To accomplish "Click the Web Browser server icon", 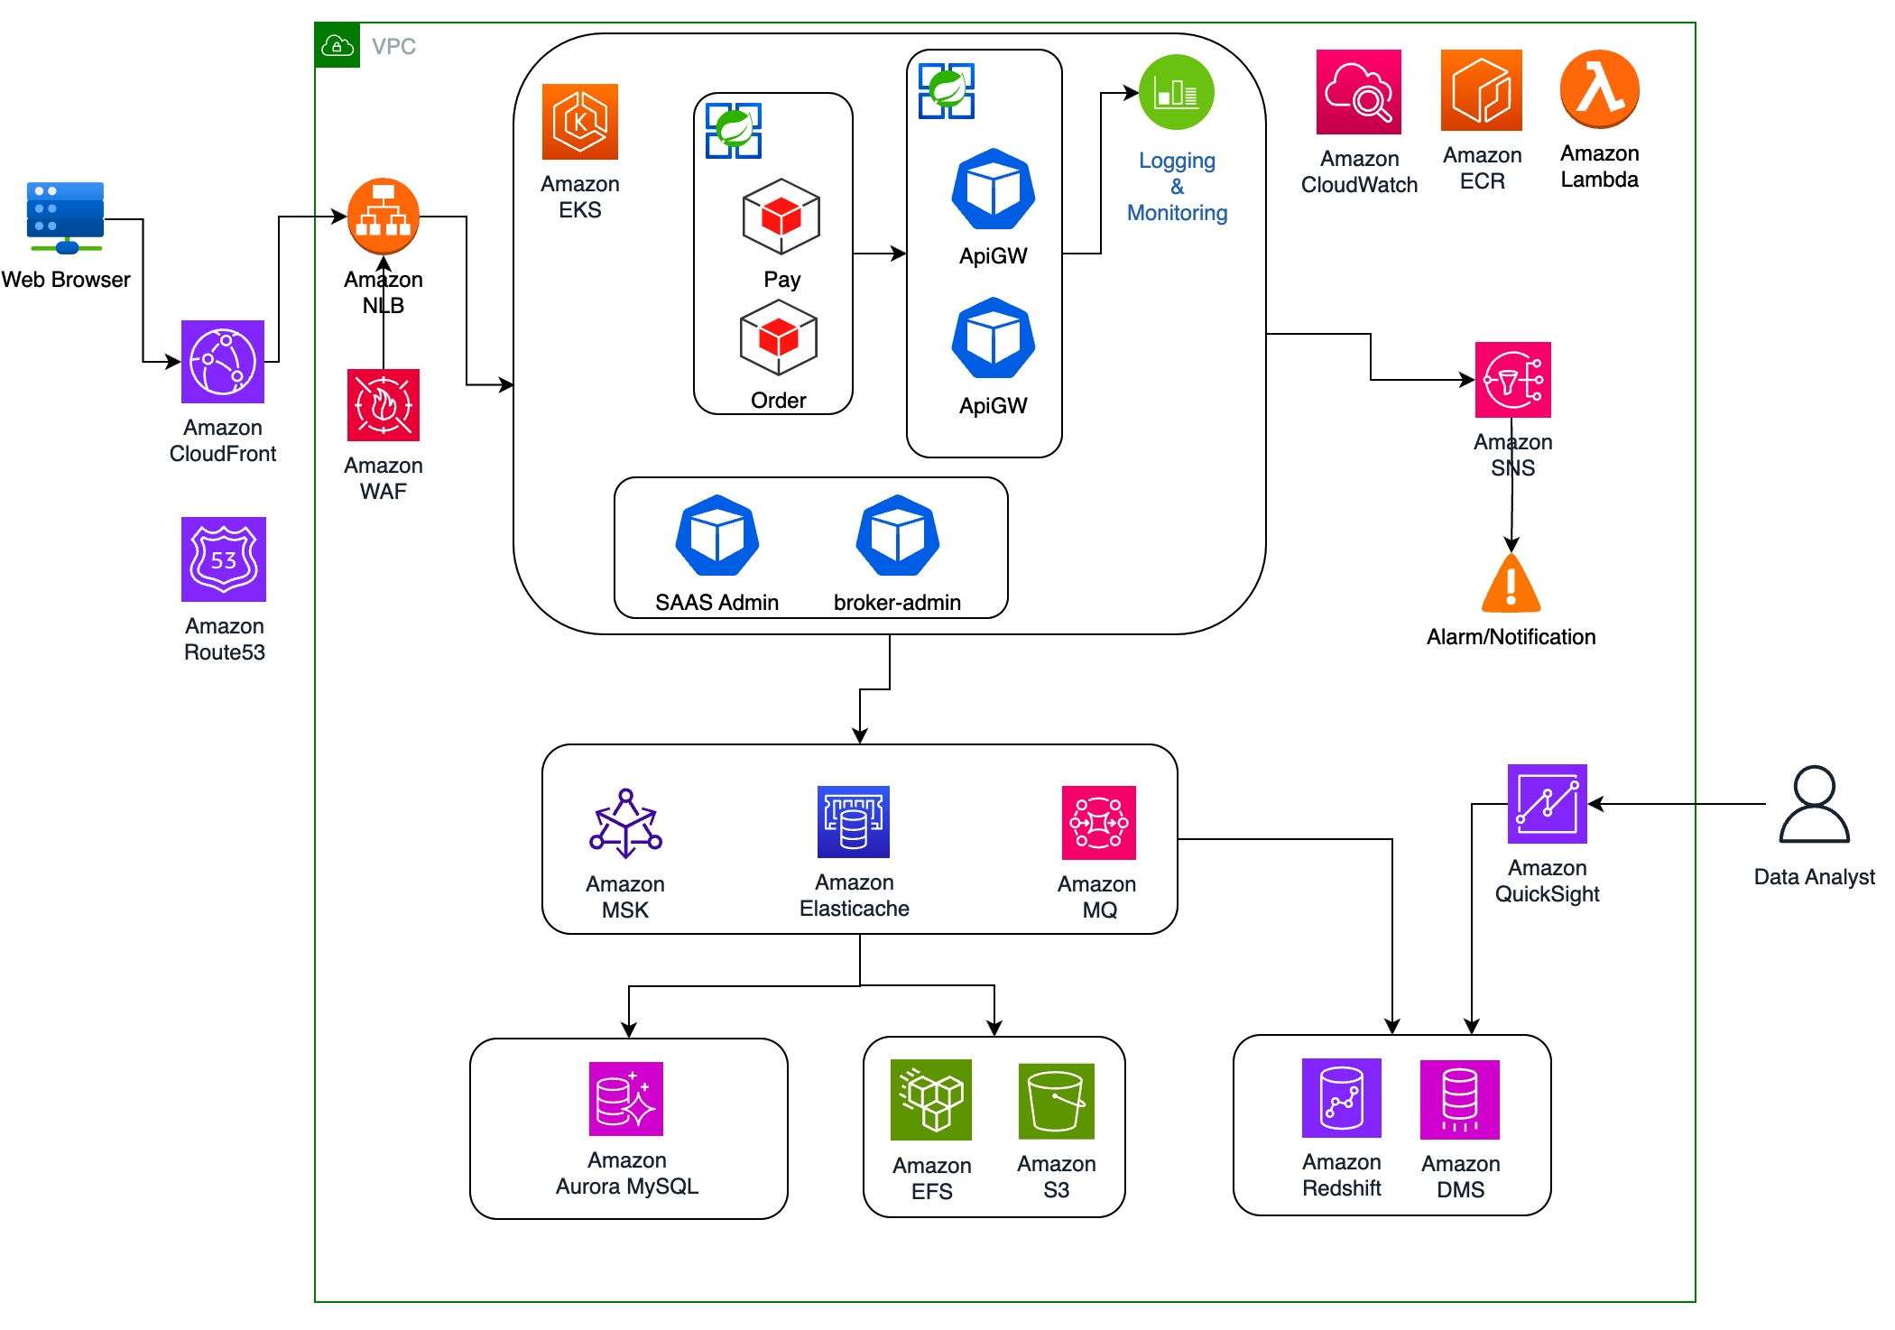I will (x=65, y=217).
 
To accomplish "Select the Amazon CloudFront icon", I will (x=223, y=362).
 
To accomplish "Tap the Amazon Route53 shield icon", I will (x=224, y=559).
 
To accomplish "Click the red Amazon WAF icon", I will (x=384, y=405).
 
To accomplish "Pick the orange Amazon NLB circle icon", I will (x=384, y=217).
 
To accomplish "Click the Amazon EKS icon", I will (x=580, y=122).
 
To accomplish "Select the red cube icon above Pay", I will (x=781, y=217).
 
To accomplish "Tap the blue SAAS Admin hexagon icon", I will (x=717, y=536).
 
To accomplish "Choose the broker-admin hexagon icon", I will (x=898, y=536).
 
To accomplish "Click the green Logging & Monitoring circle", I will (x=1177, y=92).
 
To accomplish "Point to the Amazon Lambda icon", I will (x=1600, y=89).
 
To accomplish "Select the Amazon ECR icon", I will (x=1482, y=90).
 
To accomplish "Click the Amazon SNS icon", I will (x=1513, y=380).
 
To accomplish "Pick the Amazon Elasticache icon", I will (x=854, y=822).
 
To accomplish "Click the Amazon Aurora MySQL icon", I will (x=626, y=1099).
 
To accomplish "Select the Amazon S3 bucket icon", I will (x=1057, y=1102).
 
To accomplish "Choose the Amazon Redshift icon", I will (x=1342, y=1098).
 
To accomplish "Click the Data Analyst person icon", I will (x=1815, y=805).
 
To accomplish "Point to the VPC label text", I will (x=394, y=46).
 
